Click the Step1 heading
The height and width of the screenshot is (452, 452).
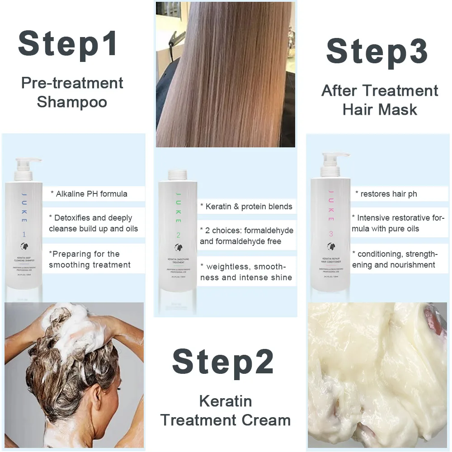pos(68,44)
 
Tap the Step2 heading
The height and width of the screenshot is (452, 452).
pos(223,363)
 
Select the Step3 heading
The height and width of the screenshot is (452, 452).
pos(377,52)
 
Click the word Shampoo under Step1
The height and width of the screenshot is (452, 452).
pos(72,102)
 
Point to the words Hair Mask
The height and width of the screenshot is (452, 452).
pos(380,109)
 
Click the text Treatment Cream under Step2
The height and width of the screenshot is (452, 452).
pos(225,420)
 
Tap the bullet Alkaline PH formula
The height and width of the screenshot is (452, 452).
pos(91,194)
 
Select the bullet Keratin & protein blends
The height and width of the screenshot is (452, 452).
pos(246,207)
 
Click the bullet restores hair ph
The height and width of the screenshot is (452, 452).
pos(386,194)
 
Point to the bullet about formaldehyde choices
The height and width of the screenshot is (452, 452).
pos(246,235)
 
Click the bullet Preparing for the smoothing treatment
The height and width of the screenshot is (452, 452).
pos(89,259)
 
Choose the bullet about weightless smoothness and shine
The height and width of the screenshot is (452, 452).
pos(246,272)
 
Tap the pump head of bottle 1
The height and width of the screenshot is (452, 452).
pos(27,163)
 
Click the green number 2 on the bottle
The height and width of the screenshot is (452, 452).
pos(179,235)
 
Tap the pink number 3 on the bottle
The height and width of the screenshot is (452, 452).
pos(331,234)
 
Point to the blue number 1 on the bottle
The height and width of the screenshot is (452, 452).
pos(24,235)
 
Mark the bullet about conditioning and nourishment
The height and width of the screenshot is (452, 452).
pos(394,259)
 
